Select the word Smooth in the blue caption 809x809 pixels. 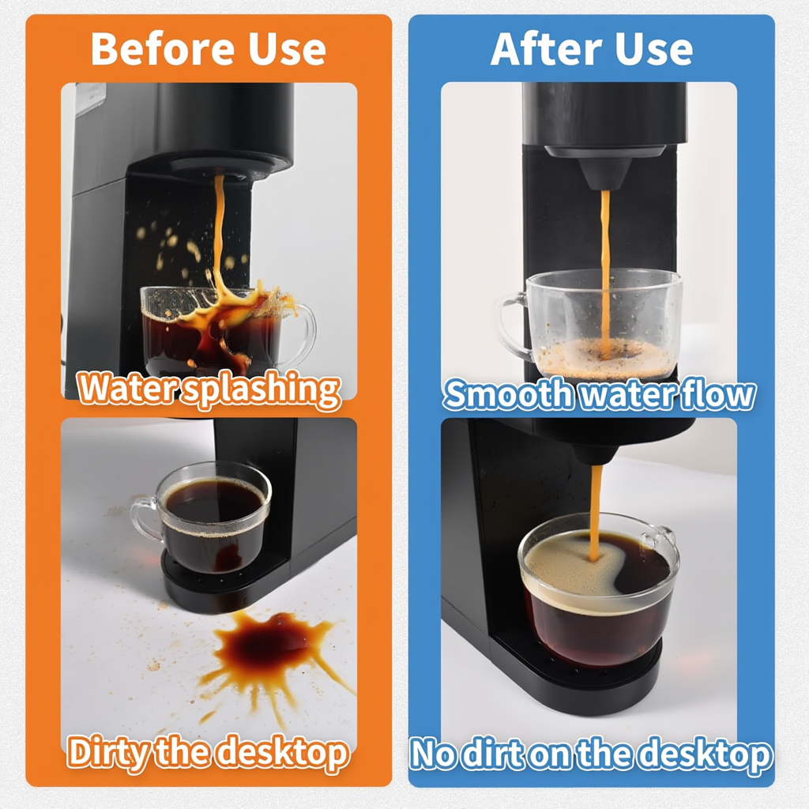click(507, 393)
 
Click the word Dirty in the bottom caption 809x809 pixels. click(107, 752)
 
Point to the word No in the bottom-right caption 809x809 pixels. click(433, 754)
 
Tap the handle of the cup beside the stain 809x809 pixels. click(144, 517)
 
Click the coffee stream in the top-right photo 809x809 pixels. click(605, 261)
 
